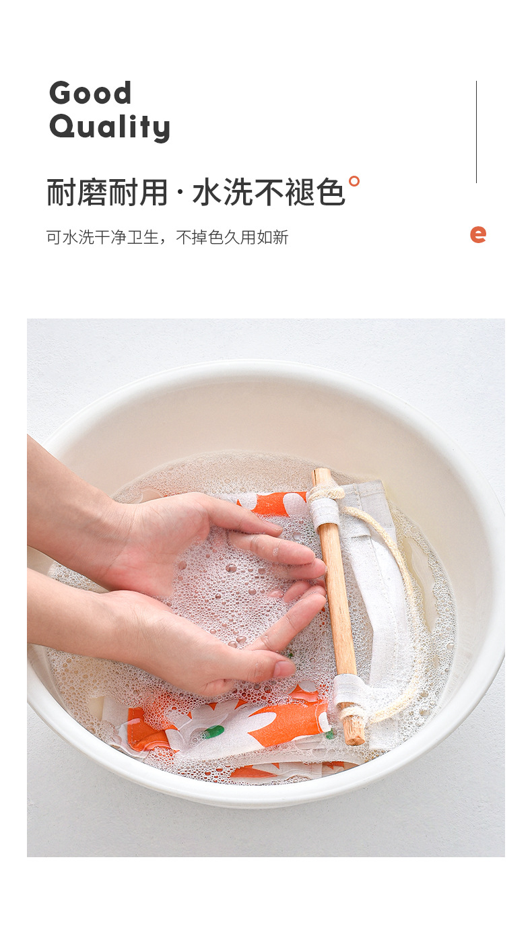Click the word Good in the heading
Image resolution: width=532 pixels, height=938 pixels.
[90, 93]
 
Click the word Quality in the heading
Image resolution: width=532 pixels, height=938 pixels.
[109, 127]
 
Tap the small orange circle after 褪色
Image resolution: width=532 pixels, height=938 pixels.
[354, 180]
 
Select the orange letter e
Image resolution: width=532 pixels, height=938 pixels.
[478, 234]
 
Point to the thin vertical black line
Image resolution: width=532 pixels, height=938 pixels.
[476, 132]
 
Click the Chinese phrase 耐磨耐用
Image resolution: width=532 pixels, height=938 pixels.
[107, 193]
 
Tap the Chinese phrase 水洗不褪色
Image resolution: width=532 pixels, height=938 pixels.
[269, 193]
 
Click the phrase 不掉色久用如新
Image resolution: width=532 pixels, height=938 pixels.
[232, 237]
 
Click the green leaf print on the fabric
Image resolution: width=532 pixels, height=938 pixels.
[213, 731]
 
